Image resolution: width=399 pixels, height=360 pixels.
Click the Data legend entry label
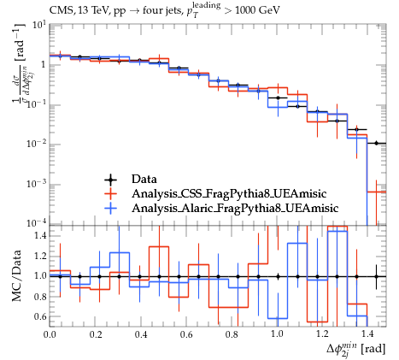click(x=144, y=180)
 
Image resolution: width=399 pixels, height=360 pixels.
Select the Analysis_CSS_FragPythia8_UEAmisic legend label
click(x=229, y=194)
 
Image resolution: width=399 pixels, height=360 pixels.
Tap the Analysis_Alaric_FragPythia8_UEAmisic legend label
click(x=235, y=209)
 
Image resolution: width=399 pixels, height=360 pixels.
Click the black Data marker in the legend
click(x=110, y=180)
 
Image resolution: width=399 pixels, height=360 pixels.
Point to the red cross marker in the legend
click(x=110, y=194)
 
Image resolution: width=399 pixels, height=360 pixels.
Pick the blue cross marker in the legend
click(x=110, y=209)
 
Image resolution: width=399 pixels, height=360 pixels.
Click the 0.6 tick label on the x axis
click(x=186, y=334)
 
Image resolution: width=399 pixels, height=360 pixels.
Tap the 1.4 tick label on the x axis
click(x=367, y=334)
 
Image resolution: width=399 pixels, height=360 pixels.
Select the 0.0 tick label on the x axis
click(x=50, y=334)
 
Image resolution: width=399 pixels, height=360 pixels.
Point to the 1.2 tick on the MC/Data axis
click(x=40, y=256)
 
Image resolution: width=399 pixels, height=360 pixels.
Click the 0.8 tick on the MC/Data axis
click(x=40, y=297)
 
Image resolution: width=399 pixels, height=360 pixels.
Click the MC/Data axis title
click(x=17, y=275)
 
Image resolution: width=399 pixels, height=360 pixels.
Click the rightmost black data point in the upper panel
click(x=376, y=143)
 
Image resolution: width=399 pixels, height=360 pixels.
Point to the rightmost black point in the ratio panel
click(x=376, y=276)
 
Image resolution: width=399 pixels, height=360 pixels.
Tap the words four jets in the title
click(x=161, y=10)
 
